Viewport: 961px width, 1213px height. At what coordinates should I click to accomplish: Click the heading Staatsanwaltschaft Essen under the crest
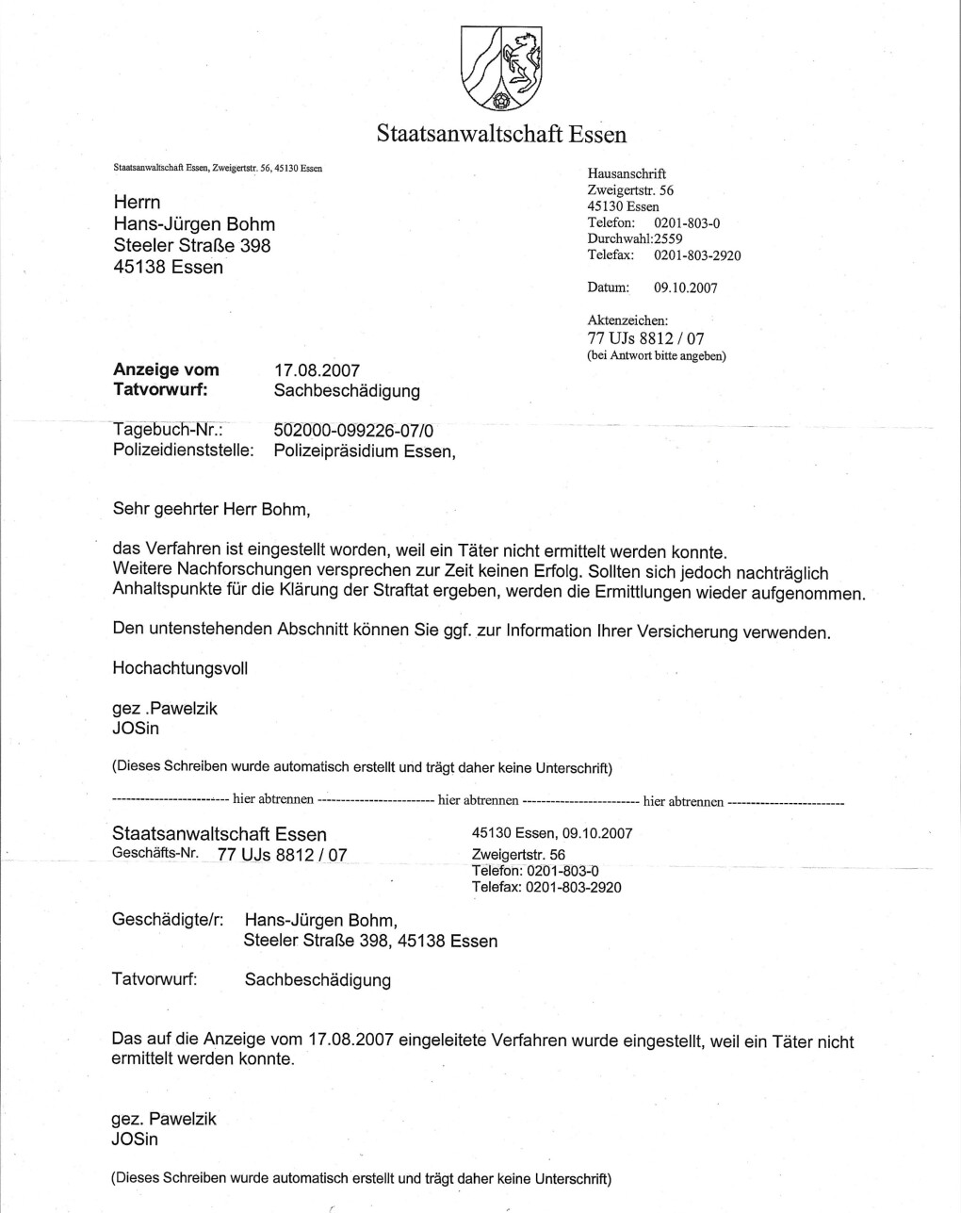pos(501,134)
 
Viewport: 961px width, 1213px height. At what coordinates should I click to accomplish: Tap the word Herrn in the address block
pos(137,203)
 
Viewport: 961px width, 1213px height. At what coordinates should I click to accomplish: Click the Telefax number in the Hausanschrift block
pos(697,255)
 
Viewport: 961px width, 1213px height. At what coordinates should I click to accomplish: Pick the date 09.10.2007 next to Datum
pos(685,288)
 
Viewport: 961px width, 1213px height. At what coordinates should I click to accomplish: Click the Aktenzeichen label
pos(627,320)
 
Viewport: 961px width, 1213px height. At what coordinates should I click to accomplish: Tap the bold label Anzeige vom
pos(166,369)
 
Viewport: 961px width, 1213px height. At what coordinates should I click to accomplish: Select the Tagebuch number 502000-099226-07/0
pos(353,430)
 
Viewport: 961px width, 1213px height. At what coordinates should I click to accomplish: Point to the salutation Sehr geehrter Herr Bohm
pos(211,510)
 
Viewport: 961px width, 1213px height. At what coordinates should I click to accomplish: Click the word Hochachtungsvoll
pos(180,668)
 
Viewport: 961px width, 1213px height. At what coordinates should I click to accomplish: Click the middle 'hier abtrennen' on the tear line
pos(478,801)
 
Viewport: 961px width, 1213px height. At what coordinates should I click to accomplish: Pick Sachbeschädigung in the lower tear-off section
pos(318,980)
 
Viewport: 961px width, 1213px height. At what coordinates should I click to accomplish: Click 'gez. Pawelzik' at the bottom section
pos(164,1120)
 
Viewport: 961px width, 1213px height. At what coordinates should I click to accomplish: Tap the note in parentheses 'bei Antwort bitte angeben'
pos(657,356)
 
